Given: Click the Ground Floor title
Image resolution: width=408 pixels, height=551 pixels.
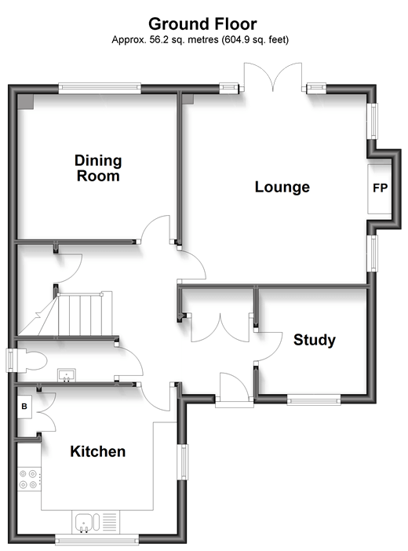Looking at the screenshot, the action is coord(202,24).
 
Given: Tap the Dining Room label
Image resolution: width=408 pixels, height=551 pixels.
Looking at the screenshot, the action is coord(98,168).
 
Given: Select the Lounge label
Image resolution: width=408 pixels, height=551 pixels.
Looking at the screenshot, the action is coord(282,187).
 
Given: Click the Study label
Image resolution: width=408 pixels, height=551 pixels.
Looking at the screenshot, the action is coord(315,340).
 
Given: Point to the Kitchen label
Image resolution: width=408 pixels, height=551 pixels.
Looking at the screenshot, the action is coord(98,451).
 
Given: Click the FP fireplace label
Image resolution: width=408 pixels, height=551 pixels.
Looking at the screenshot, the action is coord(380,188).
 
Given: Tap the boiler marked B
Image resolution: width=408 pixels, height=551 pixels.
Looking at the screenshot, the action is coord(24,407).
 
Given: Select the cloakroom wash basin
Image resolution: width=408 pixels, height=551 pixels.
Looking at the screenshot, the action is coord(67,375).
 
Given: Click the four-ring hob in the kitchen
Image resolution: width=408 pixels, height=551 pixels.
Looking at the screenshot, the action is coord(28,479).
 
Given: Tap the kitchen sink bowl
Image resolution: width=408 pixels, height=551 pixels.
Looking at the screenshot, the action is coord(84,522).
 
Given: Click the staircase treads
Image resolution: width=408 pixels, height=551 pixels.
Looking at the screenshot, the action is coord(85,314).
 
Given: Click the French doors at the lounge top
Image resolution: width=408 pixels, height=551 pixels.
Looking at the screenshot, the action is coord(273,77).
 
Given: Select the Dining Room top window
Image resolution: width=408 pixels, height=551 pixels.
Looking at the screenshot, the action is coord(100,88).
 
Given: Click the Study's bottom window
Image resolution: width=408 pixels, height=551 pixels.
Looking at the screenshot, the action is coord(314,400).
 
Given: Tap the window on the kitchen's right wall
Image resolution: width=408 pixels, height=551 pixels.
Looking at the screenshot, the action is coord(182,462).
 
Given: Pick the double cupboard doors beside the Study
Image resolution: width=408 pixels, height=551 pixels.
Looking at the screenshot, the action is coord(220,327).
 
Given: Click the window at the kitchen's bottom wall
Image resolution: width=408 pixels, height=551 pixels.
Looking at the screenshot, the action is coord(97,539).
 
